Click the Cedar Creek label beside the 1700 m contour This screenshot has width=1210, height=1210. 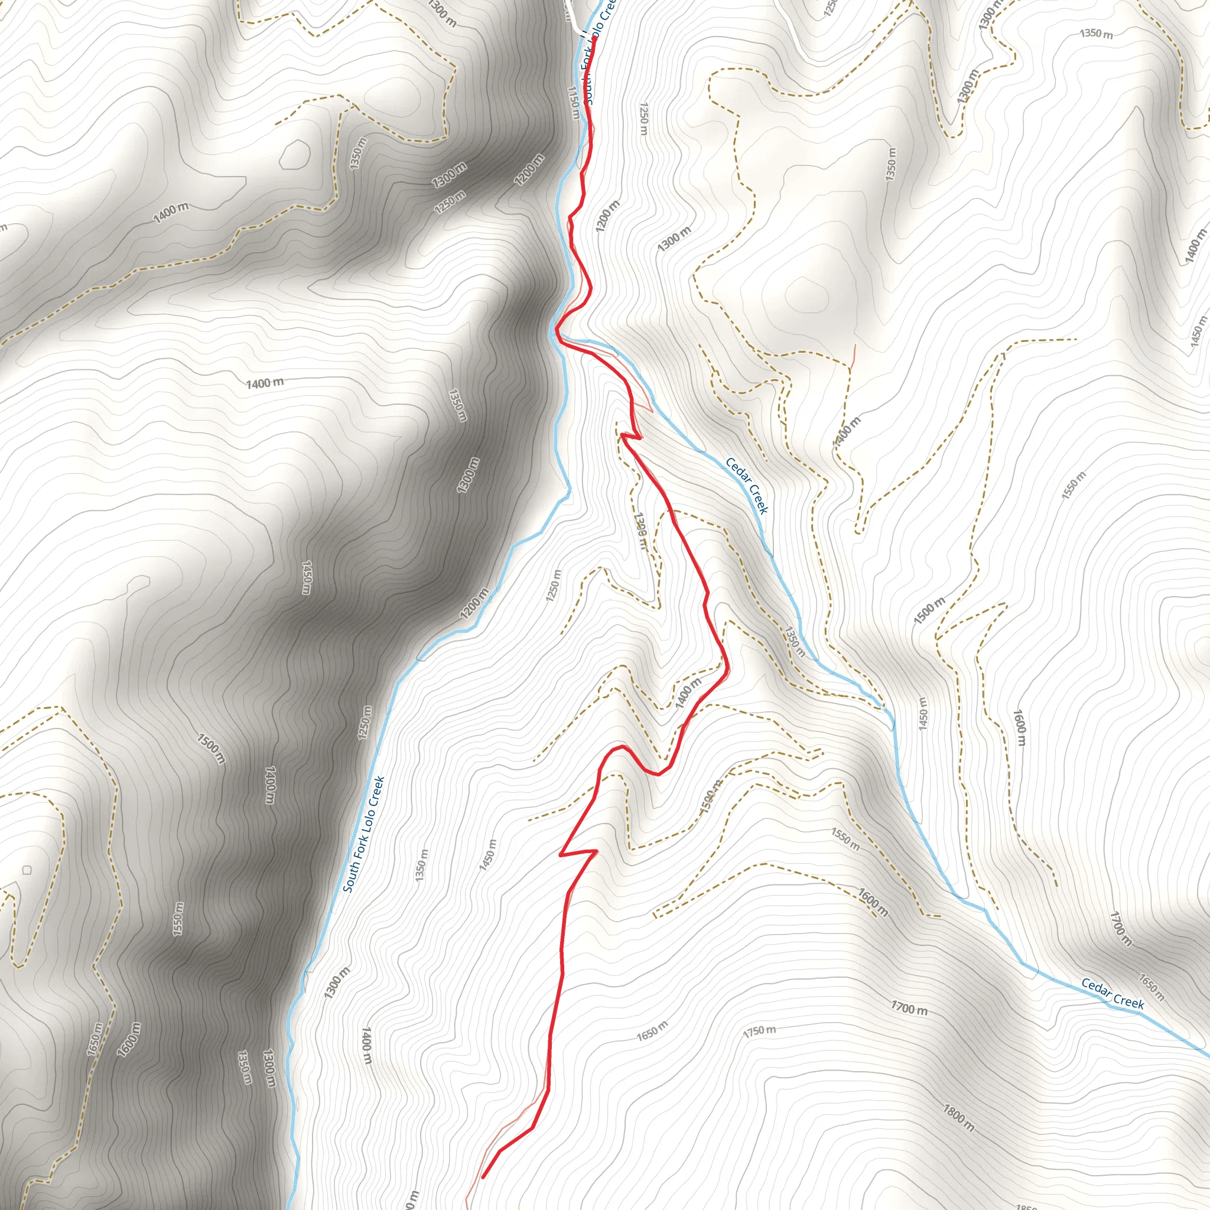click(1113, 994)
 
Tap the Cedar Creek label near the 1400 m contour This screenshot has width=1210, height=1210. click(747, 486)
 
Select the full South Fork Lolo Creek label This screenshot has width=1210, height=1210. click(363, 834)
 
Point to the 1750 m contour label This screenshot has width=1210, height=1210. click(759, 1031)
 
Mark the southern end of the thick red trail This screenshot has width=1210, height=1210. click(483, 1178)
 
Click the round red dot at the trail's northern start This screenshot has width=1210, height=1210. click(593, 39)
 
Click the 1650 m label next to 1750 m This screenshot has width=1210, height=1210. click(652, 1031)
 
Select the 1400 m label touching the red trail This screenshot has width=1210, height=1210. click(688, 692)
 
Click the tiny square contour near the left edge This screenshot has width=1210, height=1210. click(27, 870)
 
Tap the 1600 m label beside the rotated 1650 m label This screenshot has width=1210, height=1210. click(128, 1039)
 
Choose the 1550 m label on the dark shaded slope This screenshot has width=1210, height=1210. click(178, 919)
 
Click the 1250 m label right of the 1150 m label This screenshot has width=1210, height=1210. click(643, 119)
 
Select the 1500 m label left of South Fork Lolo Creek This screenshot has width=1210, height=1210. click(210, 749)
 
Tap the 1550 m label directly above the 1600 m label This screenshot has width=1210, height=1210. click(845, 839)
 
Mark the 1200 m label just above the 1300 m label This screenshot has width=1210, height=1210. click(607, 216)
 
